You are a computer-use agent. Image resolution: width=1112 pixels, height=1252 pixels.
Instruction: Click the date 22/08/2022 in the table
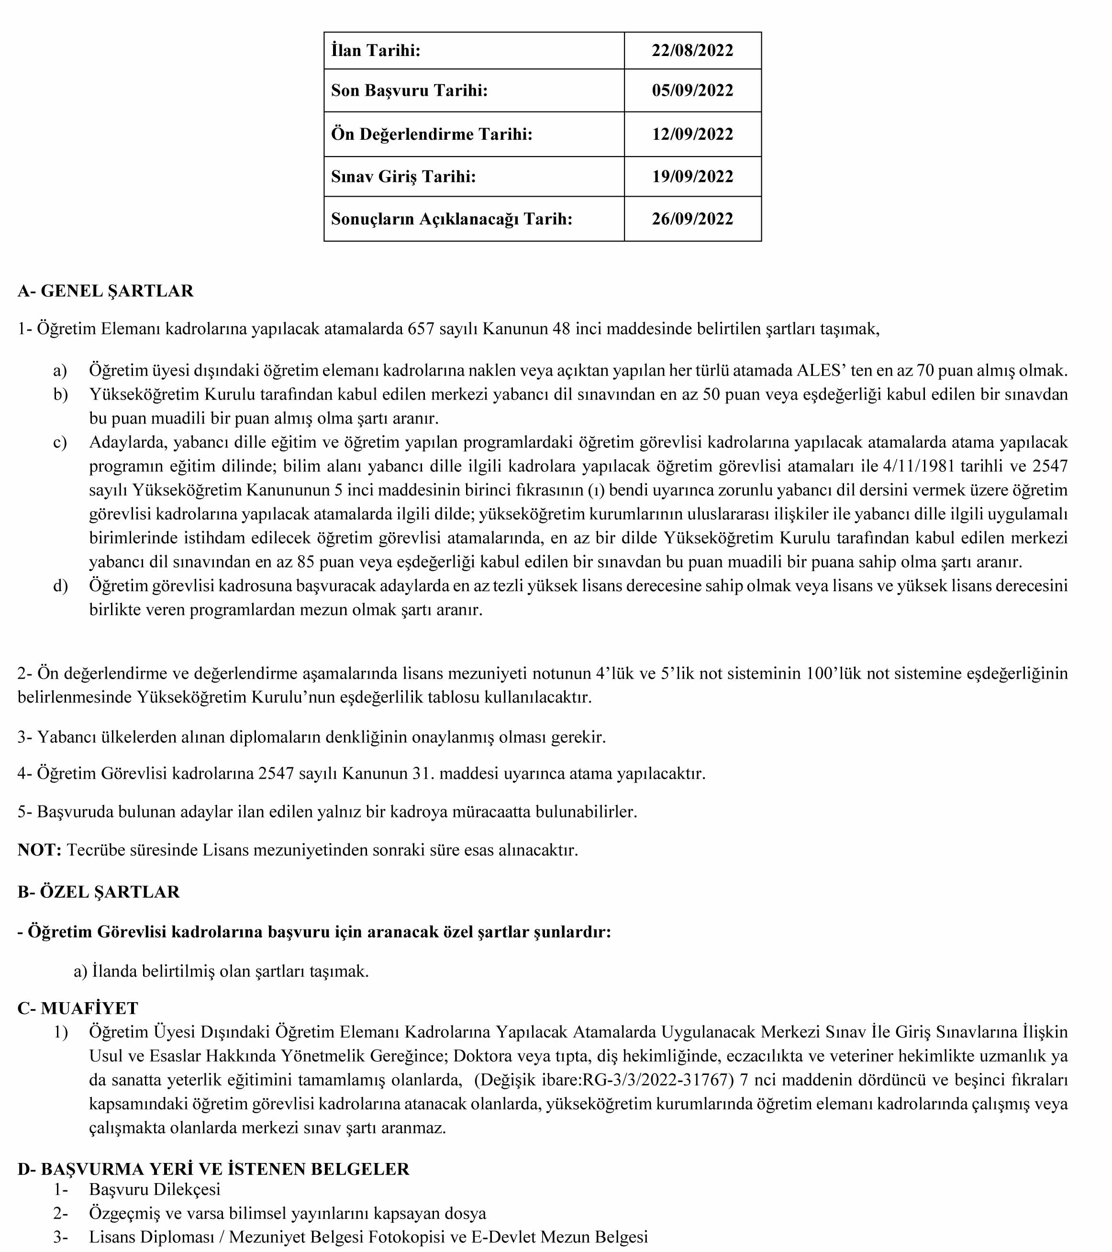692,50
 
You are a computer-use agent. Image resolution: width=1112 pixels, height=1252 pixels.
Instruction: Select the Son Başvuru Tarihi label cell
409,90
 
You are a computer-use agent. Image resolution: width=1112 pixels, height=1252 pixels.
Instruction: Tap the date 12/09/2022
692,134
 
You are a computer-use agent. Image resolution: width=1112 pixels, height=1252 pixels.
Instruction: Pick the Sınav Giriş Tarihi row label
403,177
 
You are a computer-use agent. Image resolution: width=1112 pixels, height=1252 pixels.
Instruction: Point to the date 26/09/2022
692,219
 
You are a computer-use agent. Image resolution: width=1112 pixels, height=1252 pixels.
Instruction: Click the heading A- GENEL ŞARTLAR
105,291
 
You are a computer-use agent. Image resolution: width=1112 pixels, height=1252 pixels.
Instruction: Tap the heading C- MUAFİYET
78,1008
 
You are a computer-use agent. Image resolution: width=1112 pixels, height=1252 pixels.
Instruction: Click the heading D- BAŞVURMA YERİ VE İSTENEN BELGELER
213,1169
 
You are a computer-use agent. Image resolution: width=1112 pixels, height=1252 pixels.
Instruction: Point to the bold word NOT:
39,850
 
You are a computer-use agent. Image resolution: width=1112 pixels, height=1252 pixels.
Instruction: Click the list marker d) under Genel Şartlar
60,586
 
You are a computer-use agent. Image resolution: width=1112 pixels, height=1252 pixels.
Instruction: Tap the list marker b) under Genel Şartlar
60,394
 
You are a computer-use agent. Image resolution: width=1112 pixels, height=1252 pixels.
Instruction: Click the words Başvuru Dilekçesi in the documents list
154,1189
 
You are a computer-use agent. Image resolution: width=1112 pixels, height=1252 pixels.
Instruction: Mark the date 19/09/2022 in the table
692,177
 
